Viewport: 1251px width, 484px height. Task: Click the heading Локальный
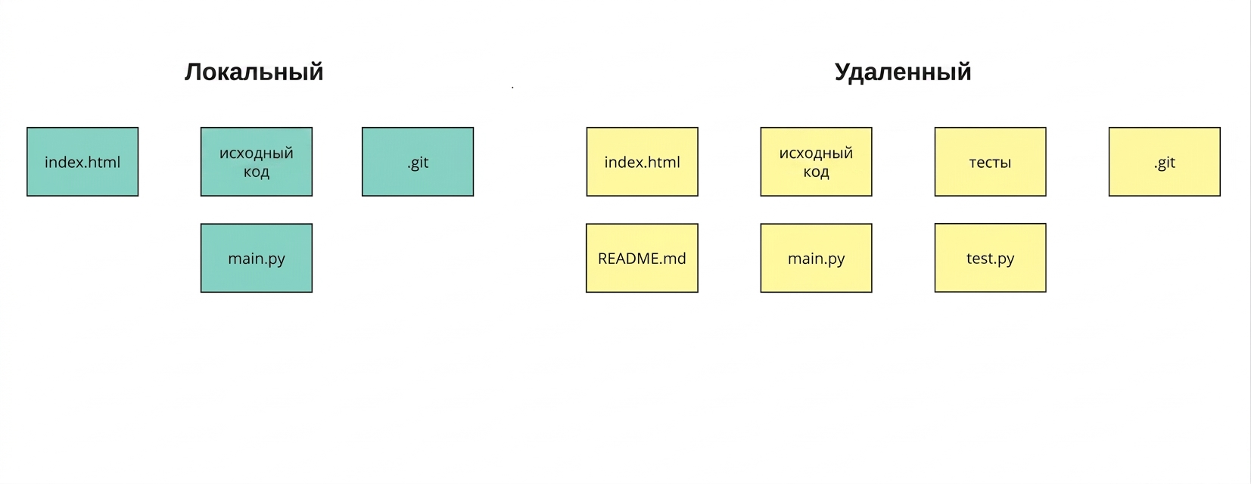(254, 73)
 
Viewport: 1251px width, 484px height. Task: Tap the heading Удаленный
(903, 73)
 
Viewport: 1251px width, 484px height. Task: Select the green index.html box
(82, 162)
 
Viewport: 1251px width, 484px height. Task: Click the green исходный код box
(257, 162)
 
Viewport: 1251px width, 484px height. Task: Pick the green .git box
(418, 162)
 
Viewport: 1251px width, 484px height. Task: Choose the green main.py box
(257, 258)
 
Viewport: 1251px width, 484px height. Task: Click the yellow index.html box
(643, 162)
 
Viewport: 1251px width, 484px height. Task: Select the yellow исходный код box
(816, 162)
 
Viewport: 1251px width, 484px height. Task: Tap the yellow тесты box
(990, 162)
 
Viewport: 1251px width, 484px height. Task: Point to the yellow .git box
(1165, 162)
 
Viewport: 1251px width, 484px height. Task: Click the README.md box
(643, 258)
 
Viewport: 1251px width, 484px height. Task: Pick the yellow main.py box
(816, 258)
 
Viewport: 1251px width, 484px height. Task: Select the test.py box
(990, 258)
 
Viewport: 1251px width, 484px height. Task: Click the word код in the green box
(257, 172)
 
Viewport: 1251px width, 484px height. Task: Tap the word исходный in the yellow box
(816, 153)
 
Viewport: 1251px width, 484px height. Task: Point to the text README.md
(642, 259)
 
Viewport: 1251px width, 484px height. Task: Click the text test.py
(990, 259)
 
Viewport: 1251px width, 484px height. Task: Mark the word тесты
(990, 163)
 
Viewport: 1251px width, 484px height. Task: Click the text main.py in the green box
(257, 259)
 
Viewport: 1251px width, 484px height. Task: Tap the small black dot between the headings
(512, 87)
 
